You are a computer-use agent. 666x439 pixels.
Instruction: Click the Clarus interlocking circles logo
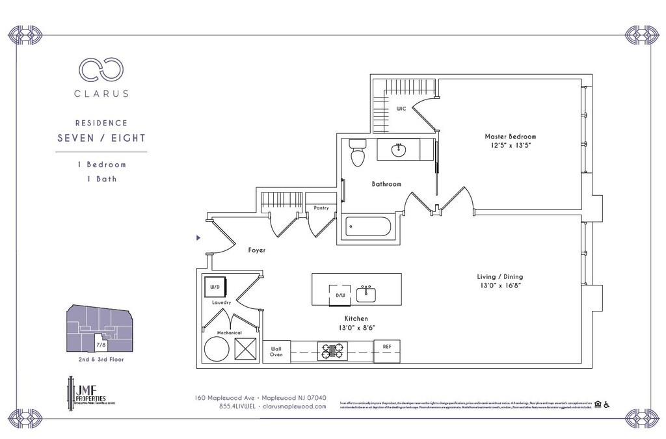coord(101,69)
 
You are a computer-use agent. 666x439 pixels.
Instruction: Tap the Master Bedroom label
coord(510,137)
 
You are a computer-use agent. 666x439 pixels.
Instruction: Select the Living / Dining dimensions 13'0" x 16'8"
coord(499,285)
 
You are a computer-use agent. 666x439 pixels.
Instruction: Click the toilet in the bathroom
coord(356,153)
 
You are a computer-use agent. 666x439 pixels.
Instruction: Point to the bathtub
coord(368,227)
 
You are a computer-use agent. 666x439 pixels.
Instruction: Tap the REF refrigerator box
coord(386,347)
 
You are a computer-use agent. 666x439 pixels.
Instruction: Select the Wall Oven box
coord(276,351)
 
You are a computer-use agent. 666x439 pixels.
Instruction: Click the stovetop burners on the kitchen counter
coord(332,351)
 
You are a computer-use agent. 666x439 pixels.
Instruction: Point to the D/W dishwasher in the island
coord(340,294)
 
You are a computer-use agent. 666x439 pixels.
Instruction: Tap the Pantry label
coord(321,208)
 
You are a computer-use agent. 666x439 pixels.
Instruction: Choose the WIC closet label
coord(401,109)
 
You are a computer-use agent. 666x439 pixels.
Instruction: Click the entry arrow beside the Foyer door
coord(198,238)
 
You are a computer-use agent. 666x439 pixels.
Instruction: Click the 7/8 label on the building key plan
coord(100,345)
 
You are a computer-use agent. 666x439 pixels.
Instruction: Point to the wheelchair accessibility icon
coord(606,405)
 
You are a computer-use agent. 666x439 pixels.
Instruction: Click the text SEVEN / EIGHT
coord(101,138)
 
